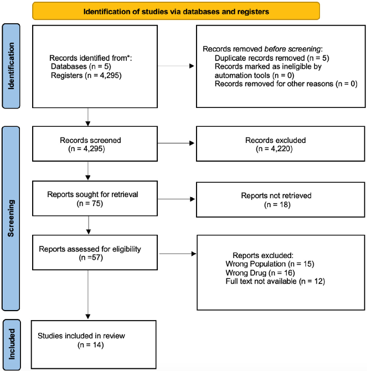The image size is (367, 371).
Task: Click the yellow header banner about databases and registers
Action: [x=175, y=11]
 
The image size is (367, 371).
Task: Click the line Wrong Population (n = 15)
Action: [x=270, y=264]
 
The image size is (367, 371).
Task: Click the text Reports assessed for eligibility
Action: [x=90, y=249]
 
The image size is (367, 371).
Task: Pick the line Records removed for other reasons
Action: [x=272, y=84]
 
